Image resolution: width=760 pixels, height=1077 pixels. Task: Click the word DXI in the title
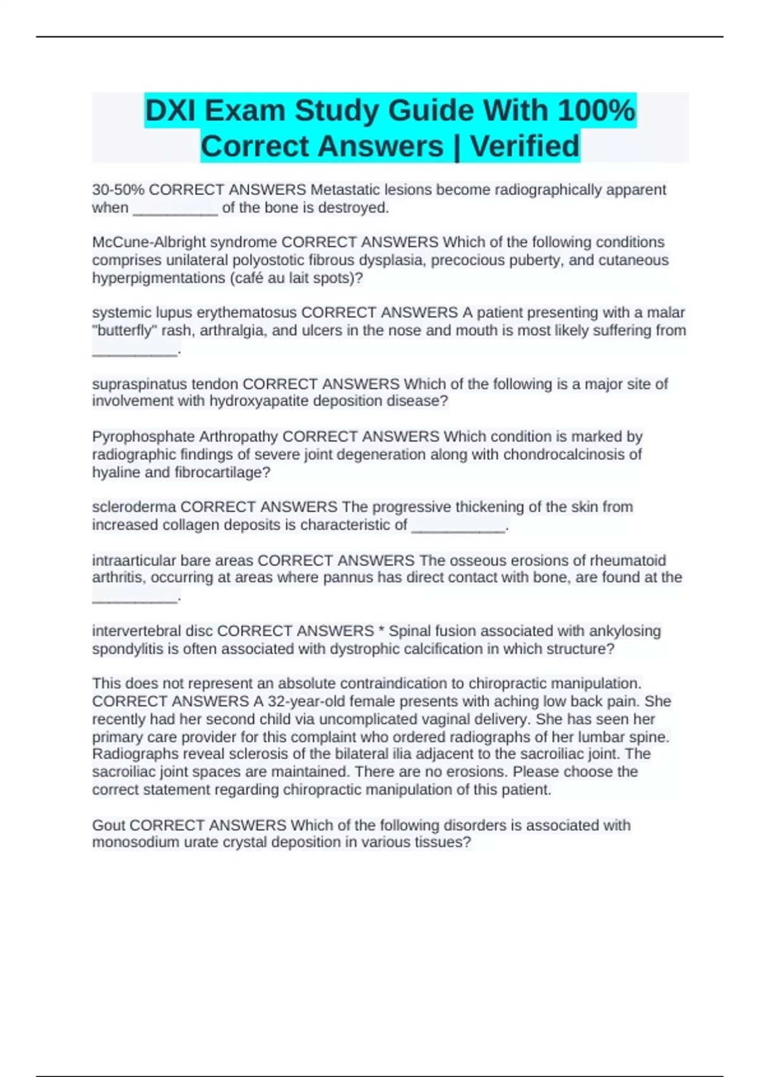pyautogui.click(x=170, y=111)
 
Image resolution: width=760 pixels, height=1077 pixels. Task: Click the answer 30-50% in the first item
pyautogui.click(x=118, y=189)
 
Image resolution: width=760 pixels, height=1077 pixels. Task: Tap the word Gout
pyautogui.click(x=108, y=825)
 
